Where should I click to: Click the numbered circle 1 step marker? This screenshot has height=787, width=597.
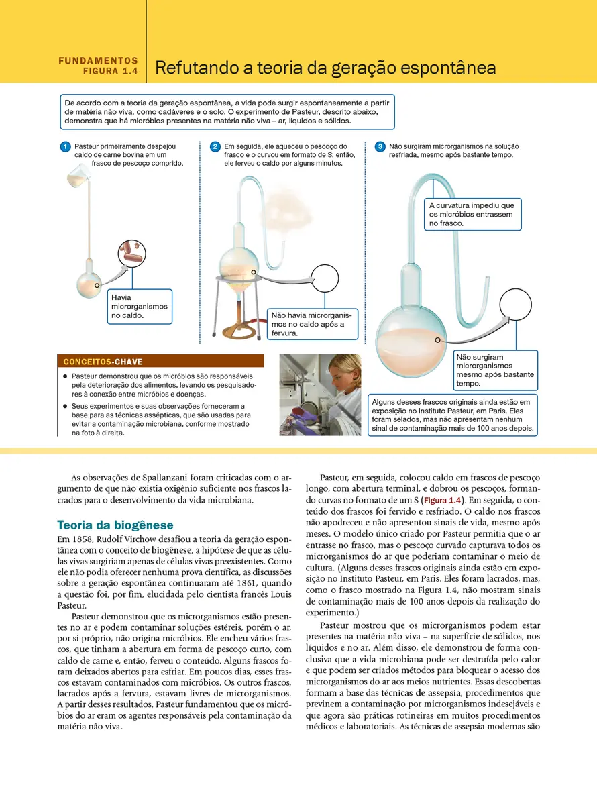coord(65,146)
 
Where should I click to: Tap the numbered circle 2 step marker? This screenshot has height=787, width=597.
coord(215,146)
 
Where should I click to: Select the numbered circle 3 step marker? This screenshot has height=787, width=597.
coord(380,146)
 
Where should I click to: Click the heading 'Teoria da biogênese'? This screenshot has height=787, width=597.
coord(115,525)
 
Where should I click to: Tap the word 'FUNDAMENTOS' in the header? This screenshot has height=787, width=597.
coord(98,60)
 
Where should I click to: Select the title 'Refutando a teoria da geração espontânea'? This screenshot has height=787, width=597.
coord(325,68)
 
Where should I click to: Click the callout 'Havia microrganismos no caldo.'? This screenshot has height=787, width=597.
coord(140,306)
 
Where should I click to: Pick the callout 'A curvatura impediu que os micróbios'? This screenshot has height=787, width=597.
coord(472,214)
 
